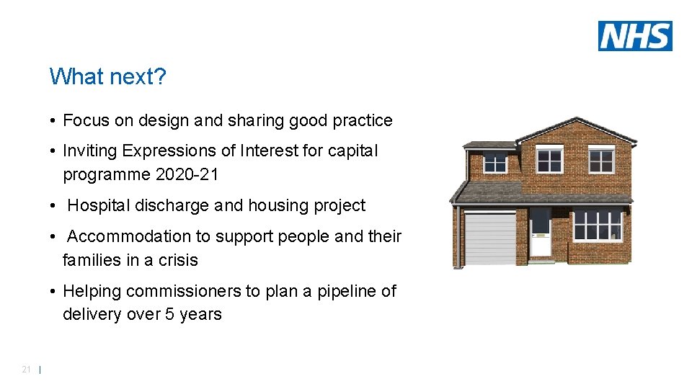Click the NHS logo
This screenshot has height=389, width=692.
click(x=635, y=36)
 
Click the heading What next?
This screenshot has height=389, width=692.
click(x=107, y=76)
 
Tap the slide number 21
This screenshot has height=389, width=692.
click(x=26, y=370)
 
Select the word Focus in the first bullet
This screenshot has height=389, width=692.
click(x=86, y=120)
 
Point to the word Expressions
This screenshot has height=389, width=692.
click(x=168, y=151)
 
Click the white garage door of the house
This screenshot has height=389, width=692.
click(x=490, y=239)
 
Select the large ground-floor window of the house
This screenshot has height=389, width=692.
click(x=598, y=225)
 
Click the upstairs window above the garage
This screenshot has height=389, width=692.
click(x=495, y=163)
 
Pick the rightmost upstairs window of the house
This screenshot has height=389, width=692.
click(x=600, y=160)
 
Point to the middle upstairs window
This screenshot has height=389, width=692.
click(x=550, y=160)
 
